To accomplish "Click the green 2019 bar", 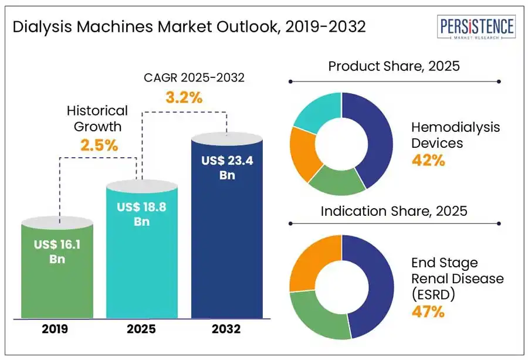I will click(x=58, y=281).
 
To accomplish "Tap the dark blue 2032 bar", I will click(x=226, y=235).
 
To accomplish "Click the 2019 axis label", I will click(x=55, y=329).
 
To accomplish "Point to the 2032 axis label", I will click(x=227, y=329).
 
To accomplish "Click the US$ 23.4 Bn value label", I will click(x=227, y=168).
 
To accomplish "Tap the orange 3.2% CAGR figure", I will click(x=184, y=98).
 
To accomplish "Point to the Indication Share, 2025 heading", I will click(x=394, y=210).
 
